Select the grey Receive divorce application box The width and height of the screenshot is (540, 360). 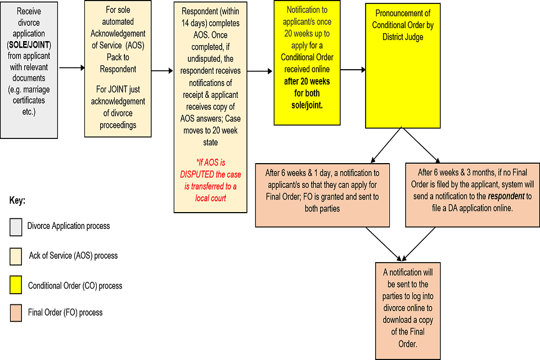point(29,70)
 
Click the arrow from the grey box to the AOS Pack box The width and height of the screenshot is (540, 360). point(71,67)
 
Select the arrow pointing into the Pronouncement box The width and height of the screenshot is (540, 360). point(353,70)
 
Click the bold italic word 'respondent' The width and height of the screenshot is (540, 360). point(488,197)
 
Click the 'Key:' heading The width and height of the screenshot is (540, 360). point(18,200)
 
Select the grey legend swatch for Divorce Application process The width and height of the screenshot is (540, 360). point(15,226)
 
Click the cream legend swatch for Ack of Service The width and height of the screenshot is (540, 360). point(15,255)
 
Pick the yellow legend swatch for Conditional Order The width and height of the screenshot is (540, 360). point(15,285)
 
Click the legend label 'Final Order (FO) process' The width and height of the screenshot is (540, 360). point(65,312)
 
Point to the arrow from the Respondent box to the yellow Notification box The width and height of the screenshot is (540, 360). point(260,71)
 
